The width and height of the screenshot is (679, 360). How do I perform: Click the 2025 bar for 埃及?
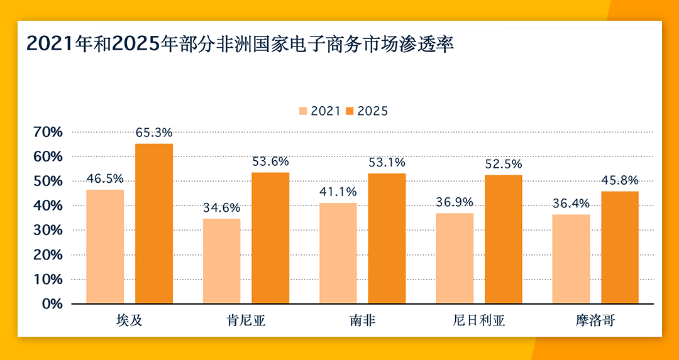154,224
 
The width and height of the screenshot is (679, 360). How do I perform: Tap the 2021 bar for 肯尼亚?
221,261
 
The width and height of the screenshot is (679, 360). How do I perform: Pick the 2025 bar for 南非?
387,238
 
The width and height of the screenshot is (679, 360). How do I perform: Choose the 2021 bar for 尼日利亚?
455,258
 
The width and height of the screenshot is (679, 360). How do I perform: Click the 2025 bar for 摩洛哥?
620,248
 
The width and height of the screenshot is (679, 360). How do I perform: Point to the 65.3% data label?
154,133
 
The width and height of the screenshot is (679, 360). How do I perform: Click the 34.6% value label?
221,207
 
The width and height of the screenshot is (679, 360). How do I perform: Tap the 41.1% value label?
338,192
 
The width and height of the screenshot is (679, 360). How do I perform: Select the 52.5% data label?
503,164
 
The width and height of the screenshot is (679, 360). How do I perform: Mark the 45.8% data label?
620,180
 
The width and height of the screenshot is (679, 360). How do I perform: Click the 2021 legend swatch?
303,111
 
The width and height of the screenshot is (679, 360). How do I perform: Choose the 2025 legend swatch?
350,111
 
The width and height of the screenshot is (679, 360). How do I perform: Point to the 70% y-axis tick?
48,132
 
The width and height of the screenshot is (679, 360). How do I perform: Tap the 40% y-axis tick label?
48,205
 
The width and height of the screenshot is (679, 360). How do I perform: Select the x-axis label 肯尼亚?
246,321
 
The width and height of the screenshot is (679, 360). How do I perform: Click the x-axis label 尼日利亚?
479,321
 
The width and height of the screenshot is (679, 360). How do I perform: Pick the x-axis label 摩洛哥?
595,321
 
